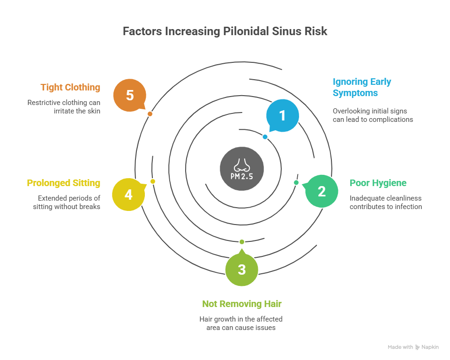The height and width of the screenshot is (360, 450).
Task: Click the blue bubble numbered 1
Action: (x=282, y=115)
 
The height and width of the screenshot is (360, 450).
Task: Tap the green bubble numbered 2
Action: (x=322, y=191)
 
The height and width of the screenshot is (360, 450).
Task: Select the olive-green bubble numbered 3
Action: (x=241, y=270)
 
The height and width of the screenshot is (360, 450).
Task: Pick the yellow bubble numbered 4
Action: (x=128, y=194)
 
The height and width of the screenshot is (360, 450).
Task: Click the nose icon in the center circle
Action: (x=242, y=164)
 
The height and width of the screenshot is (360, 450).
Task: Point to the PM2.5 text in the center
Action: (x=242, y=177)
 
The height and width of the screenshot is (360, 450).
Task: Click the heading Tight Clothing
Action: (x=70, y=87)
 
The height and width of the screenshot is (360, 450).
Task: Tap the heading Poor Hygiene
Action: (x=378, y=183)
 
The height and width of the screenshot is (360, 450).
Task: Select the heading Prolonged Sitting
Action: (x=64, y=183)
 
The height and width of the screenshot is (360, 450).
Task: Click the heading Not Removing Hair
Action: (x=241, y=304)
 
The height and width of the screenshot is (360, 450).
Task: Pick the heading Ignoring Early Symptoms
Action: (x=361, y=87)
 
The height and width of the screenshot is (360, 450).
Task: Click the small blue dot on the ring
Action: (x=265, y=137)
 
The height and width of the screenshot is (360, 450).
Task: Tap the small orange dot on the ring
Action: (x=150, y=114)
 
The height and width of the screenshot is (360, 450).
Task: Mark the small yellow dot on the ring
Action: (x=153, y=181)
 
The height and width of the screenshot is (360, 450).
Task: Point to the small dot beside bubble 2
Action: (x=296, y=182)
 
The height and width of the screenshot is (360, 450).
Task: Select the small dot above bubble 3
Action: (x=242, y=242)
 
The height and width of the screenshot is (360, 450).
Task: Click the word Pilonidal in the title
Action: (x=247, y=31)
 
